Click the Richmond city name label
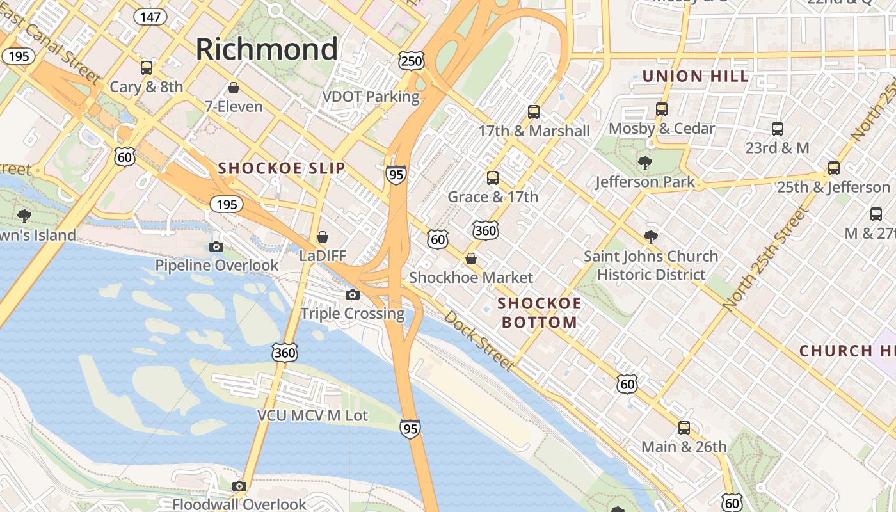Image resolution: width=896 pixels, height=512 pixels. pos(266,49)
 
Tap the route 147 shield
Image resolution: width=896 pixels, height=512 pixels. pos(150,17)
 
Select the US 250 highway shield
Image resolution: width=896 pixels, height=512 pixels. pos(411,61)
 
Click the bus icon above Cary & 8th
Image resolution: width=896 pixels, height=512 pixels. pos(147,67)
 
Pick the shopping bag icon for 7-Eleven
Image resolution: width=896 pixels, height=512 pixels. pos(234,87)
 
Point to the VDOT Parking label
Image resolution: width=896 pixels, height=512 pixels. pos(371,97)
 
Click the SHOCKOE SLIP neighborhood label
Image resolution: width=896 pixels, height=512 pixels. pos(282,168)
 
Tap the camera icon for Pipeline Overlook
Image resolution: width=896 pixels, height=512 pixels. pos(216,246)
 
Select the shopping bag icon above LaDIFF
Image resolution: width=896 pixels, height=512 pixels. pos(323,237)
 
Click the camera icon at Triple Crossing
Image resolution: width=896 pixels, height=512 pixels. pos(352,294)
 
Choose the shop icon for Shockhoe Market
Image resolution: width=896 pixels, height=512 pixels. pos(471,259)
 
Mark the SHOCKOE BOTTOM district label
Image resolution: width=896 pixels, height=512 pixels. pos(539,312)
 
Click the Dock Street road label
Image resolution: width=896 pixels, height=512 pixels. pos(479,341)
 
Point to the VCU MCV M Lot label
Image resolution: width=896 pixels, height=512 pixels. pos(312,415)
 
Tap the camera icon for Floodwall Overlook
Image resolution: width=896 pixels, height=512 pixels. pos(239,486)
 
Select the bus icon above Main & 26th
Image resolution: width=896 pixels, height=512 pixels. pos(684,428)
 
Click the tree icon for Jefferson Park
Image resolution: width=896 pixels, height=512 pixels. pos(644,163)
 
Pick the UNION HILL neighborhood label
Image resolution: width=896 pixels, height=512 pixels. pos(695,76)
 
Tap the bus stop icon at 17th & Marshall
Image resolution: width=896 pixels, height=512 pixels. pos(534,112)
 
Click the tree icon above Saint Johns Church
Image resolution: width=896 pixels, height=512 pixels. pos(650,237)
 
